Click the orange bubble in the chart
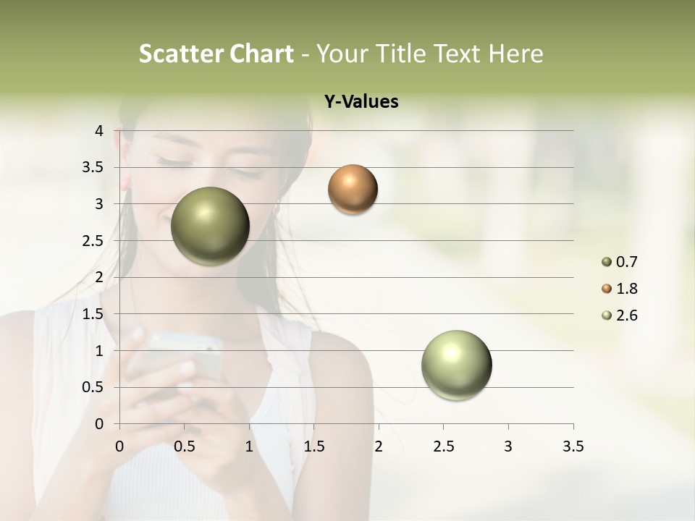click(x=353, y=190)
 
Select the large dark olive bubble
click(x=210, y=226)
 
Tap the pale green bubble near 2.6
click(x=456, y=365)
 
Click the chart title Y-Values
click(x=361, y=102)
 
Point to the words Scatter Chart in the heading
click(x=216, y=54)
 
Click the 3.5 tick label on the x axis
click(x=573, y=446)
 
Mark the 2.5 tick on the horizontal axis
click(x=443, y=446)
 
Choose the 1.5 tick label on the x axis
click(x=313, y=446)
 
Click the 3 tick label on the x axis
click(x=508, y=446)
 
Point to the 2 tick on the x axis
click(x=379, y=446)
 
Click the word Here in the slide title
click(x=515, y=54)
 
